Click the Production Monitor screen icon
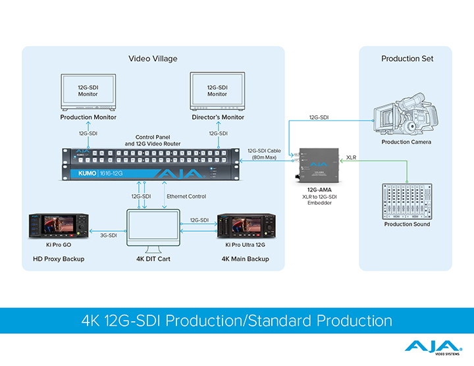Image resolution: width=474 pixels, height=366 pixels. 88,91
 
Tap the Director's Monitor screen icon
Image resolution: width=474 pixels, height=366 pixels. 217,91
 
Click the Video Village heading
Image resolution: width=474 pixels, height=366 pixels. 153,59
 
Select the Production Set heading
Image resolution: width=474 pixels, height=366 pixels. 406,59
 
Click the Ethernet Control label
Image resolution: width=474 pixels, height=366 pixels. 186,196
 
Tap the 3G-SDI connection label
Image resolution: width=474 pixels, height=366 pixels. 108,234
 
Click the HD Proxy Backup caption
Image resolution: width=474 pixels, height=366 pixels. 59,259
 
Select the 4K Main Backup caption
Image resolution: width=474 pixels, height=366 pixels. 245,259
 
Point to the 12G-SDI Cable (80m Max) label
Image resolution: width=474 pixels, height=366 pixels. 265,154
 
